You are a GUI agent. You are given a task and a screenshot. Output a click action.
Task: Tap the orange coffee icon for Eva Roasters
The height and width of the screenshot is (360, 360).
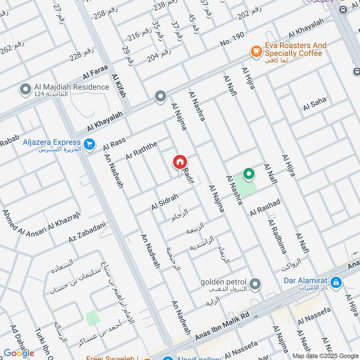(x=256, y=51)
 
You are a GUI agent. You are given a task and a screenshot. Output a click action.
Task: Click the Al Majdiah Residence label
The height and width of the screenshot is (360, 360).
(x=71, y=87)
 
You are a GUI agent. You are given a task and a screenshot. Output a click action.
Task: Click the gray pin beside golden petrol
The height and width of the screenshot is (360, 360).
(x=255, y=284)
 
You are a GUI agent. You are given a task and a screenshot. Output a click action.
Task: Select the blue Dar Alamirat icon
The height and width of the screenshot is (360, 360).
(x=335, y=283)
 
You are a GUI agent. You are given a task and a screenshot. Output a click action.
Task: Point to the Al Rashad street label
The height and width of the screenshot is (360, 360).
(x=265, y=206)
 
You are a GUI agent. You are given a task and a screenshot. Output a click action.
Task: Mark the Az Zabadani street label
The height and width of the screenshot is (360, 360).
(x=87, y=232)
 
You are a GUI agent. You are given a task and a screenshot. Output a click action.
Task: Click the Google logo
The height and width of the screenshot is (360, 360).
(x=19, y=353)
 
